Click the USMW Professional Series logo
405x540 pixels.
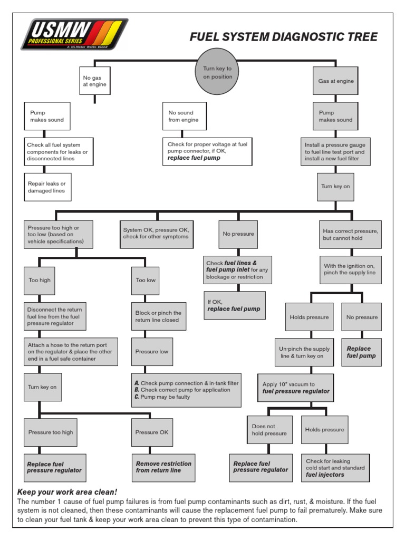pyautogui.click(x=74, y=34)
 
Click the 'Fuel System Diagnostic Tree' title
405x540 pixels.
pyautogui.click(x=283, y=37)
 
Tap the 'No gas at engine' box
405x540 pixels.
pyautogui.click(x=95, y=81)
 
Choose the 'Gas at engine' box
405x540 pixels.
pyautogui.click(x=335, y=81)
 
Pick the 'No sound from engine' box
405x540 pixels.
pyautogui.click(x=184, y=116)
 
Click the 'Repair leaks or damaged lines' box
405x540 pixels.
pyautogui.click(x=47, y=187)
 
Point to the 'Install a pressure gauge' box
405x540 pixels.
pyautogui.click(x=335, y=151)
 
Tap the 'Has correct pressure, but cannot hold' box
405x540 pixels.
pyautogui.click(x=350, y=234)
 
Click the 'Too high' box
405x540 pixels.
pyautogui.click(x=40, y=280)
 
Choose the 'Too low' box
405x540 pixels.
pyautogui.click(x=146, y=280)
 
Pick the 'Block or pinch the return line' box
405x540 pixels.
pyautogui.click(x=158, y=316)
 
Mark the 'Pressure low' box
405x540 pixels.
pyautogui.click(x=152, y=352)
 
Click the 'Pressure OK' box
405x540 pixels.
pyautogui.click(x=152, y=432)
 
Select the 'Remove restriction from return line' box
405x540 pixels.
pyautogui.click(x=163, y=467)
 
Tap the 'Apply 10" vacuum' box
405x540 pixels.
pyautogui.click(x=296, y=388)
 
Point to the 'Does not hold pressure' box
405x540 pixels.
pyautogui.click(x=269, y=430)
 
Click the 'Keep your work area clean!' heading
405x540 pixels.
pyautogui.click(x=67, y=491)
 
